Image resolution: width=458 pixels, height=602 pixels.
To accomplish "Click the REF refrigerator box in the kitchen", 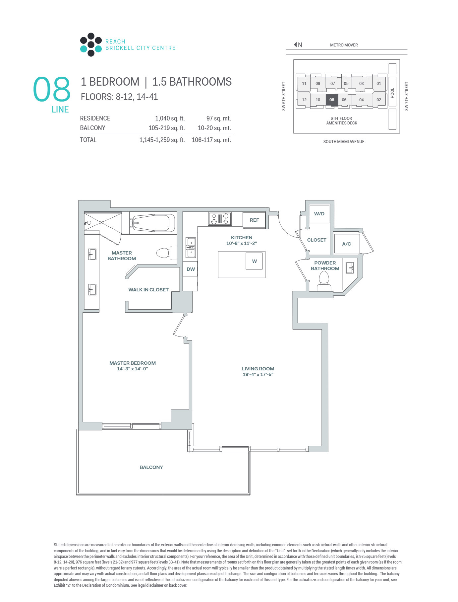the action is pos(254,220).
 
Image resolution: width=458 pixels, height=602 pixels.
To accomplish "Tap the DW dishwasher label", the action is pos(191,269).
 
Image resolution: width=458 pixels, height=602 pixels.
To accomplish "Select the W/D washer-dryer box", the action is pos(319,213).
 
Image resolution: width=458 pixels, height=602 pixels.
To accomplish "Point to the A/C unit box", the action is pos(347,244).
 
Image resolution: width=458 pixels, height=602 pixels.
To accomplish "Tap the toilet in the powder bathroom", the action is pos(324,281).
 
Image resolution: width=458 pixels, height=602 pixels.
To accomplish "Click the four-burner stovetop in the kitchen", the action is pos(220,219).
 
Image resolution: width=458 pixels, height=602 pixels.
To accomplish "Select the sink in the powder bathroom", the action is pos(350,267).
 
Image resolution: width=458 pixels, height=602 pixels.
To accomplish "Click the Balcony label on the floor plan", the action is pos(151,467).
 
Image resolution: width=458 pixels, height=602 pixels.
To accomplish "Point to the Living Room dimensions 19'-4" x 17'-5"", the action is pos(258,374).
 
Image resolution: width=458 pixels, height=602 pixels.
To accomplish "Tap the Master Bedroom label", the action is pos(133,363).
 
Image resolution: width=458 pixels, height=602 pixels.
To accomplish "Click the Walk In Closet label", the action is pos(148,290).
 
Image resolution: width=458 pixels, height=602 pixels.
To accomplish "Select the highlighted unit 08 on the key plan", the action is pos(332,100).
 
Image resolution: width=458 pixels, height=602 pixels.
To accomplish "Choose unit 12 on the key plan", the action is pos(304,100).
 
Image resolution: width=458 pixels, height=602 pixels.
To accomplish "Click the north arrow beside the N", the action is pos(295,44).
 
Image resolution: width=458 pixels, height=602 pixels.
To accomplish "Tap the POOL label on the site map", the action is pos(392,93).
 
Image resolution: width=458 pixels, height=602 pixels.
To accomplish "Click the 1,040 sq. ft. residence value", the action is pos(170,118).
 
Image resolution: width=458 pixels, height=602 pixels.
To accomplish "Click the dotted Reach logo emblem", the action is pos(91,44).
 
